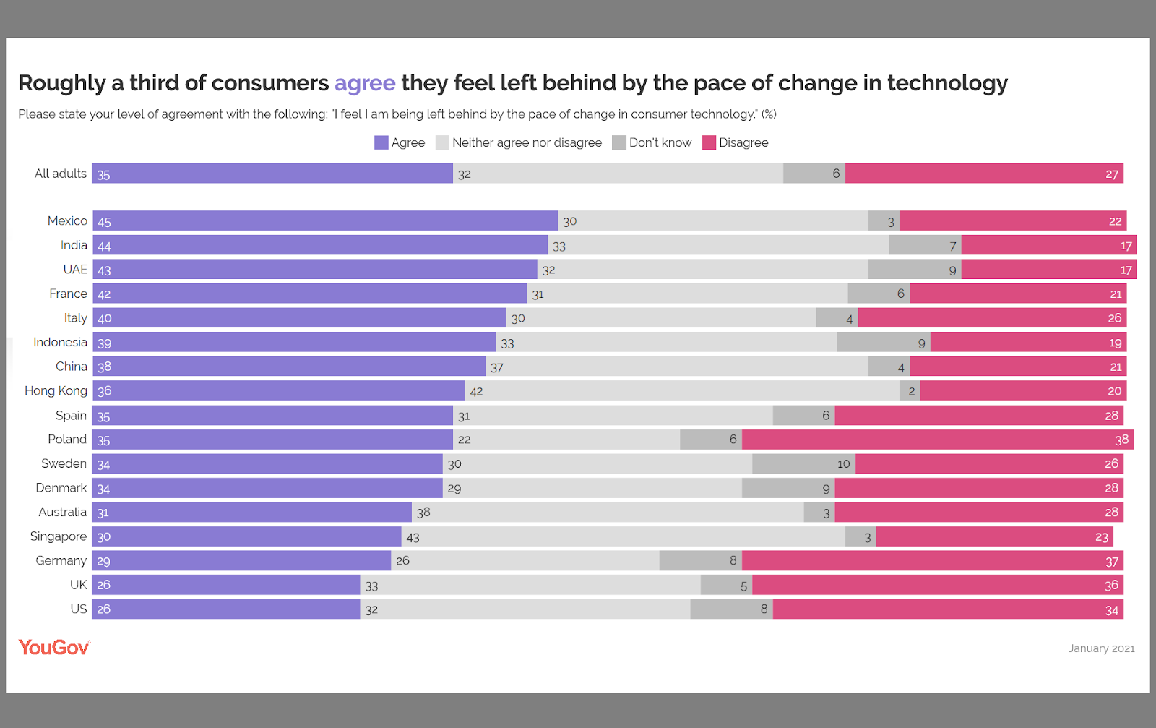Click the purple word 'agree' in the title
pyautogui.click(x=364, y=83)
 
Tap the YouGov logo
pyautogui.click(x=54, y=647)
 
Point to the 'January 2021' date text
pyautogui.click(x=1101, y=648)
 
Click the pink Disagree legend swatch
pyautogui.click(x=709, y=142)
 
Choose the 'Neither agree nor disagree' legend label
pyautogui.click(x=527, y=142)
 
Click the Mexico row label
pyautogui.click(x=67, y=220)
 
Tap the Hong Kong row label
pyautogui.click(x=56, y=390)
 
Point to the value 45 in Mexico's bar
pyautogui.click(x=104, y=222)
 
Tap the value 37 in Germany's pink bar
pyautogui.click(x=1111, y=562)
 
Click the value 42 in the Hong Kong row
pyautogui.click(x=476, y=391)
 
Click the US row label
pyautogui.click(x=78, y=609)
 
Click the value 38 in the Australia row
pyautogui.click(x=423, y=513)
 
